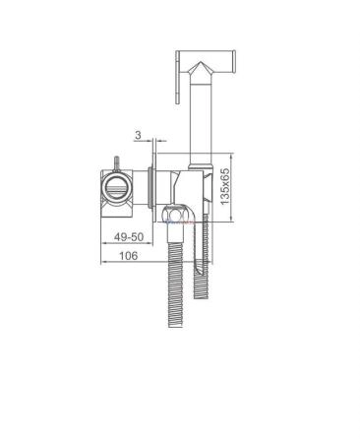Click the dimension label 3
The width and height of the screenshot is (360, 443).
click(138, 135)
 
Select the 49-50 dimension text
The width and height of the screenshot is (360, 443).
click(129, 236)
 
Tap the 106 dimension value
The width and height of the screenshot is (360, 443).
click(128, 256)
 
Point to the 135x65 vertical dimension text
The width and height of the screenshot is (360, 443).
click(225, 187)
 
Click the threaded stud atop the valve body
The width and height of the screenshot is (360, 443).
click(116, 163)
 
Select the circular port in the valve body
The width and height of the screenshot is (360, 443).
click(117, 189)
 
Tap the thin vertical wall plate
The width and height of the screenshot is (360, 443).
click(154, 180)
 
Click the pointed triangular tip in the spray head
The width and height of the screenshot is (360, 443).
click(200, 67)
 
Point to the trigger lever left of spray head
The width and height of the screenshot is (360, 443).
click(178, 78)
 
